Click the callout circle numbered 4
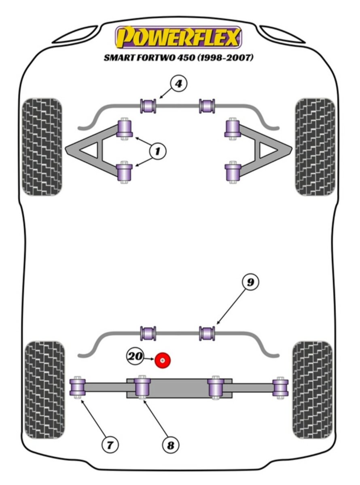click(x=179, y=84)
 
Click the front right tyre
click(x=315, y=147)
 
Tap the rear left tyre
click(x=44, y=389)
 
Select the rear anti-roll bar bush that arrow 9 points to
click(x=207, y=333)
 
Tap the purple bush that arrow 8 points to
click(x=142, y=387)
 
